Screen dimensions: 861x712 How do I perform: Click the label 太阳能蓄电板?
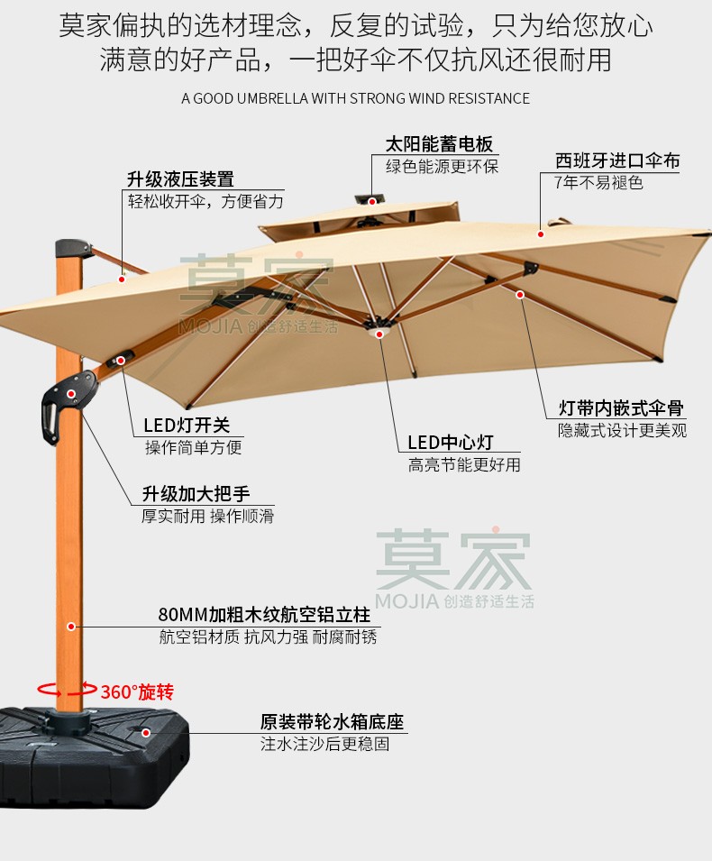(440, 144)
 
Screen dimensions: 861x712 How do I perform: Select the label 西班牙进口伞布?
(617, 161)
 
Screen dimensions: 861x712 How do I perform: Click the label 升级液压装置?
(180, 179)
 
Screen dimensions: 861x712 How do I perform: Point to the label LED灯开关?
(193, 426)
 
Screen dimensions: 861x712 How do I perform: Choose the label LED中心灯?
(451, 443)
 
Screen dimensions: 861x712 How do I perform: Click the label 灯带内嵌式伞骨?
(621, 409)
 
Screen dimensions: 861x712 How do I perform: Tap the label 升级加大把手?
(196, 494)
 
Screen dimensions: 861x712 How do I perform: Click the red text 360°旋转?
(137, 692)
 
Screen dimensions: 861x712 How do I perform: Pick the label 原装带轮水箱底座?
(332, 722)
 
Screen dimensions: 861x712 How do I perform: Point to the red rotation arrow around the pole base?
(65, 690)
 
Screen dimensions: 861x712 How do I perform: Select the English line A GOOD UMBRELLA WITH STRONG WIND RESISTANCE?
(355, 98)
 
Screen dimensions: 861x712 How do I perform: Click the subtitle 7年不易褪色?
(598, 183)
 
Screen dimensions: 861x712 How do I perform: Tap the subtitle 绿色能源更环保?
(442, 166)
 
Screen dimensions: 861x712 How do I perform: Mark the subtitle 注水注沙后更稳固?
(325, 744)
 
